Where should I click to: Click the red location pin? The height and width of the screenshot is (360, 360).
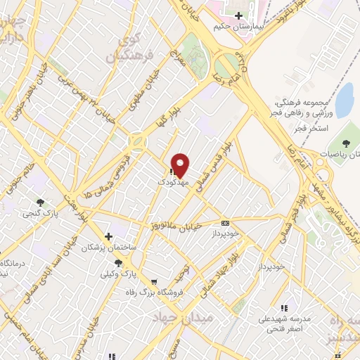[x=181, y=165]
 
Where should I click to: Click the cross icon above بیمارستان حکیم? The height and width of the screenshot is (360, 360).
[x=239, y=15]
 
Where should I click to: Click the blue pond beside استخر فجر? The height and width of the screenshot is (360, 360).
[x=345, y=101]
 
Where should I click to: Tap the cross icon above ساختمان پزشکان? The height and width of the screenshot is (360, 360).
[x=108, y=236]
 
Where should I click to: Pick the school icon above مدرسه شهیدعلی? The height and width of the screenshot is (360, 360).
[x=284, y=308]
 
